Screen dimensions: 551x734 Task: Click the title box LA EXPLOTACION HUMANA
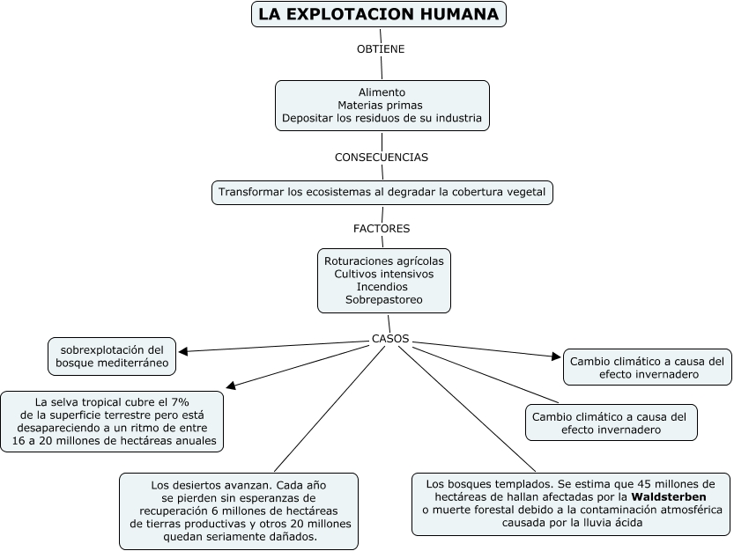tap(379, 15)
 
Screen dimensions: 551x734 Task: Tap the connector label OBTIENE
tap(381, 49)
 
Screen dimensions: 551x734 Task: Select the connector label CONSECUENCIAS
tap(382, 158)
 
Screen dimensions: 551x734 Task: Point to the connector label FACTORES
tap(382, 229)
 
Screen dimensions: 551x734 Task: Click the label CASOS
tap(390, 339)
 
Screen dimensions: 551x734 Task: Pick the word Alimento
tap(382, 92)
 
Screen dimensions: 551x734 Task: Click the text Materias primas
tap(382, 105)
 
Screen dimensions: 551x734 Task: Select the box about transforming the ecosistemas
tap(382, 192)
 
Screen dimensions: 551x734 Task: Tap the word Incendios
tap(383, 287)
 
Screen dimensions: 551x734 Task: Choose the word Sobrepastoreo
tap(383, 300)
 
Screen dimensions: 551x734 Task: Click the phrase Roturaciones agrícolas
tap(383, 261)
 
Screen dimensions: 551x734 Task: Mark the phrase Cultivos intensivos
tap(383, 274)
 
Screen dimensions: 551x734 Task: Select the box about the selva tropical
tap(112, 421)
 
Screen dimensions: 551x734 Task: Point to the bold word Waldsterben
tap(678, 497)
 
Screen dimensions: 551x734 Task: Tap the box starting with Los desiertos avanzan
tap(239, 511)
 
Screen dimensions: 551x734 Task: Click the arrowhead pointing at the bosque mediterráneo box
tap(182, 352)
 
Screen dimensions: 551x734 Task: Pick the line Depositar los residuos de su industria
tap(382, 118)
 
